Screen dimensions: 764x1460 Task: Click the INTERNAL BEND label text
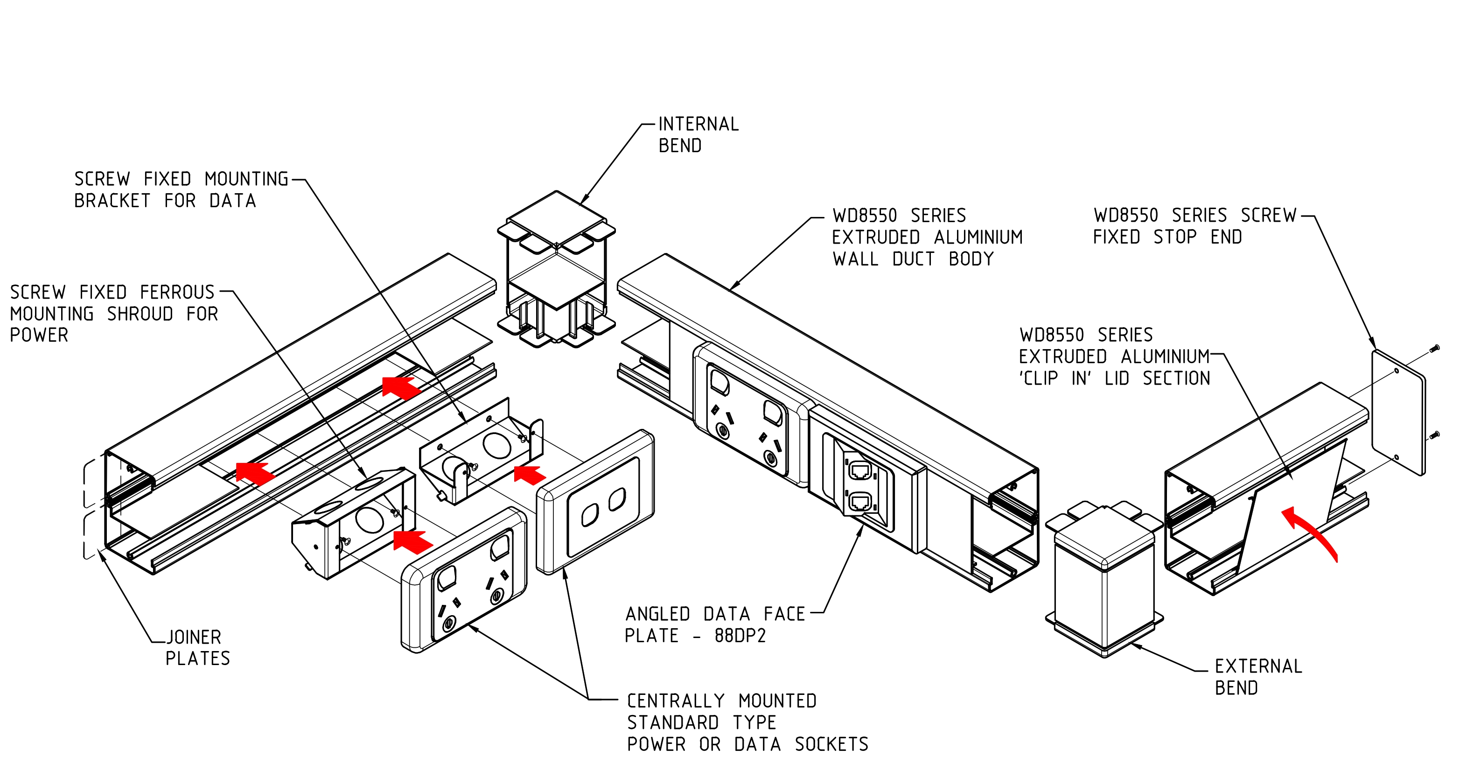click(698, 135)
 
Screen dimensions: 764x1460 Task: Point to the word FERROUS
click(177, 293)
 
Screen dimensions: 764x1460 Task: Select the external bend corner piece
click(1104, 578)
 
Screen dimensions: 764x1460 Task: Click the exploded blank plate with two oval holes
click(595, 502)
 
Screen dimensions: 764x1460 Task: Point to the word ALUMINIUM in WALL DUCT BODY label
click(978, 237)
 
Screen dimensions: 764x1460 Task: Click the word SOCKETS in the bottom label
click(831, 744)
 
